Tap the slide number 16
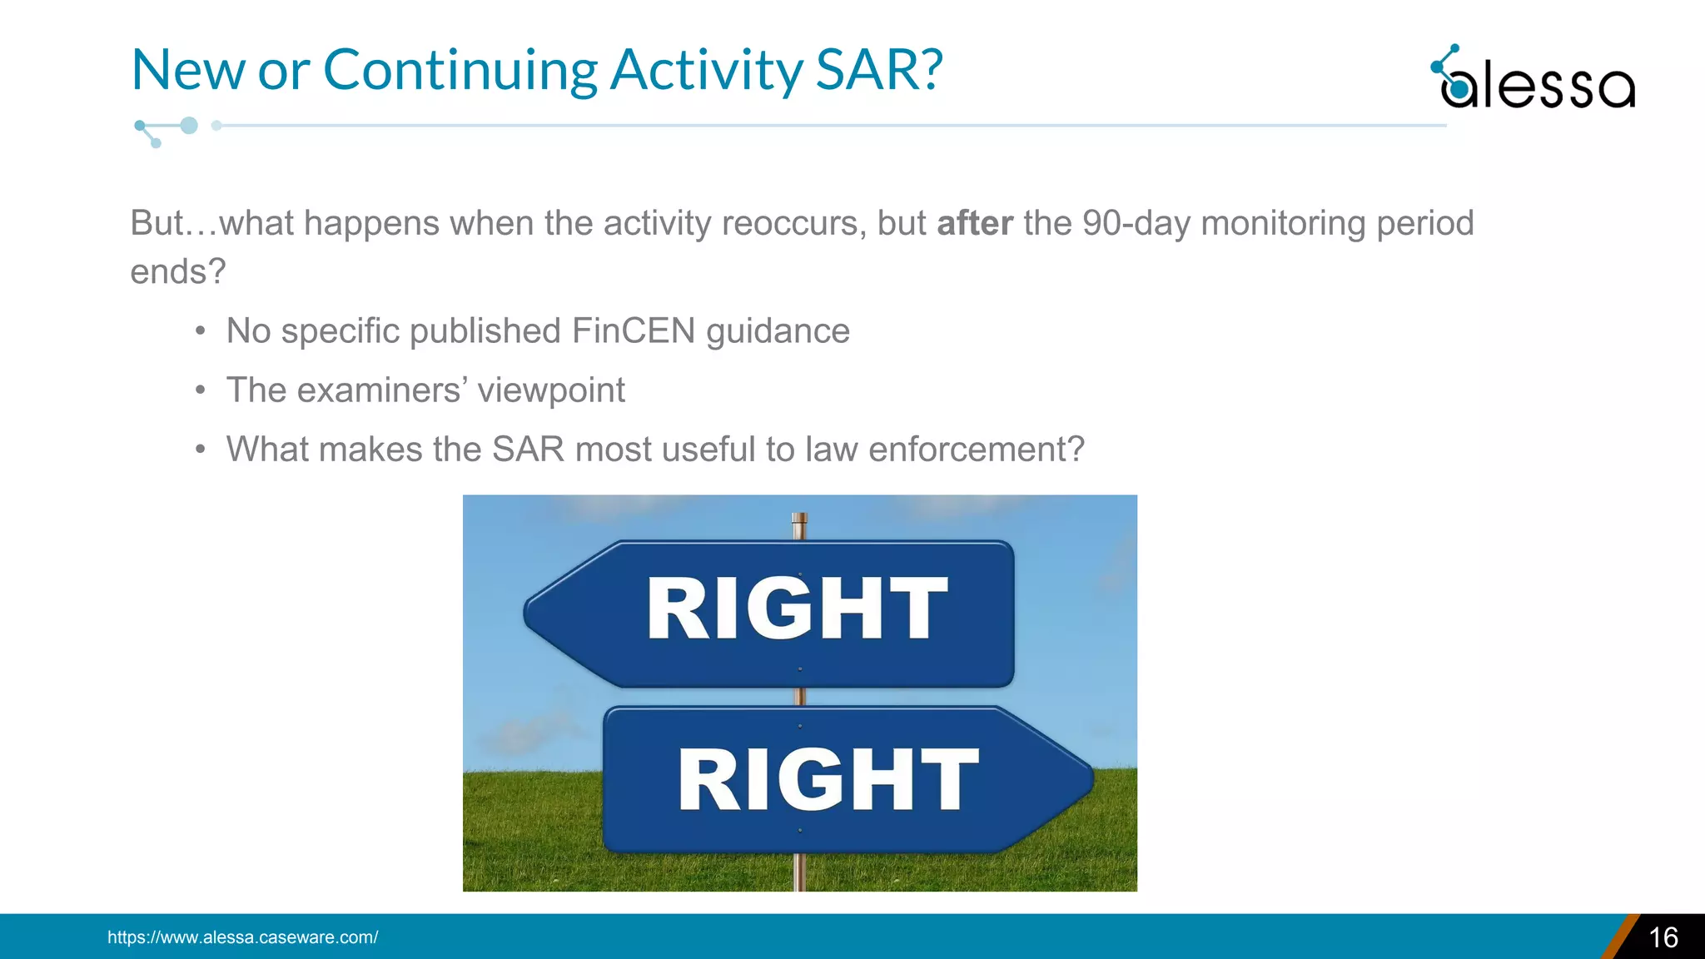1663,937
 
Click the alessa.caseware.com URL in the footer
242,937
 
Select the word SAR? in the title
878,69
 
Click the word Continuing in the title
460,69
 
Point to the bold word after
975,223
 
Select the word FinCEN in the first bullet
634,331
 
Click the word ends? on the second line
177,271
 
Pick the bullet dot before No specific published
200,332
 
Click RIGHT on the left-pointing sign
797,609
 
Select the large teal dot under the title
189,126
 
